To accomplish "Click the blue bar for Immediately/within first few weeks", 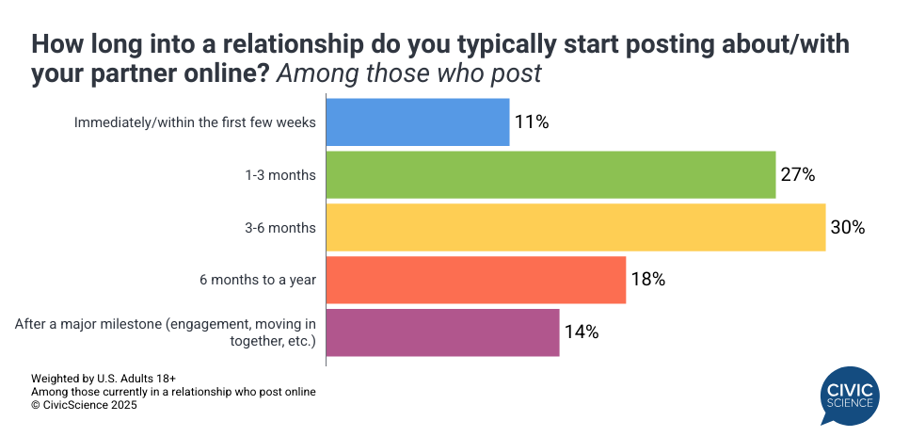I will [x=418, y=122].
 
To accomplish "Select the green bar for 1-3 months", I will [x=550, y=175].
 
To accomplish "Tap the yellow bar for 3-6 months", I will [x=575, y=228].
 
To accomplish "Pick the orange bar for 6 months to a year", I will [x=475, y=280].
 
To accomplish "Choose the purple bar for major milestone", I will [x=442, y=332].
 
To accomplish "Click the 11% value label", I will [x=532, y=122].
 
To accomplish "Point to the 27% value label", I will [x=797, y=175].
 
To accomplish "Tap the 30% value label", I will [x=847, y=228].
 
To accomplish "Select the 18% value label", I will [x=647, y=280].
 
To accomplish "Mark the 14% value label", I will [x=581, y=332].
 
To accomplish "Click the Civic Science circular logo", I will [x=850, y=395].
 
